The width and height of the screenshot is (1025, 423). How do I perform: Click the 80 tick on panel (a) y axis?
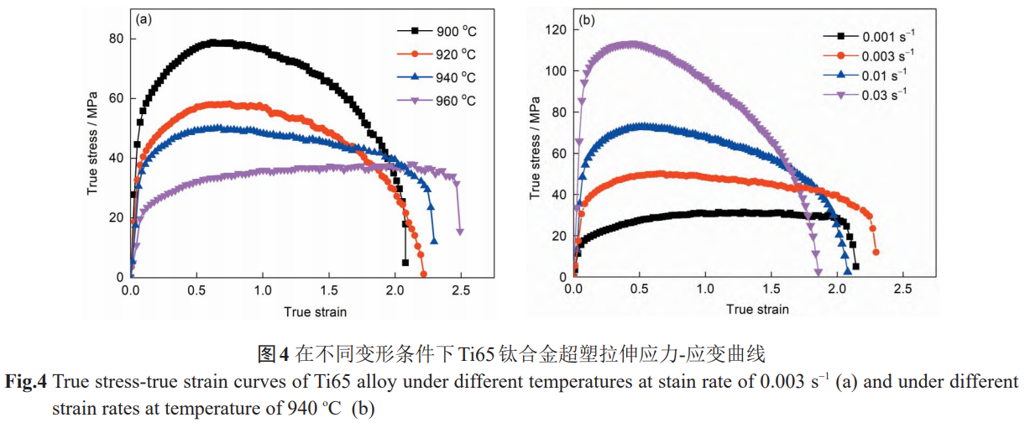pos(115,39)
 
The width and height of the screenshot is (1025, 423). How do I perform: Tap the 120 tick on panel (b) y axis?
pos(553,29)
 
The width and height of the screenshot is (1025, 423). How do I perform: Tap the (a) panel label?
pos(144,18)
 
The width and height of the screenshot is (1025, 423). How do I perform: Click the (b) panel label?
pos(588,18)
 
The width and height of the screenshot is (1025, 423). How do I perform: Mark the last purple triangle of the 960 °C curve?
pos(460,232)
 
